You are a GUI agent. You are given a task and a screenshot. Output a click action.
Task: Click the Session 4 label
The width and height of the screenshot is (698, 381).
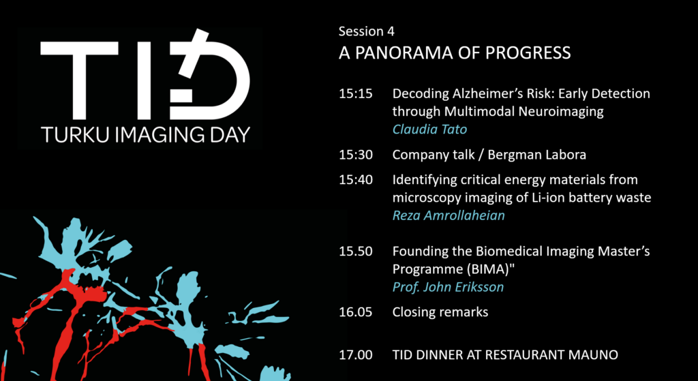(366, 31)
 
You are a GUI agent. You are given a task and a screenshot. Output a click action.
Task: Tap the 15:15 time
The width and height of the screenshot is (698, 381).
(355, 94)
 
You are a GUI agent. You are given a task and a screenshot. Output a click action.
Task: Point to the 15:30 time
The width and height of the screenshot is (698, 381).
(355, 155)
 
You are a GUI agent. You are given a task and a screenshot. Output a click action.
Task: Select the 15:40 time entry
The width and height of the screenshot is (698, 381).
(355, 180)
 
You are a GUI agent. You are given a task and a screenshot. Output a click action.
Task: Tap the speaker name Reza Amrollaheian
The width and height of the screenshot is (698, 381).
(449, 215)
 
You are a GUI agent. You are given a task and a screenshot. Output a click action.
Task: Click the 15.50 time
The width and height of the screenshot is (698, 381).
(355, 252)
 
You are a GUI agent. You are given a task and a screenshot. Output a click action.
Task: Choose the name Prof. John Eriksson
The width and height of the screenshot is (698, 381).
(448, 287)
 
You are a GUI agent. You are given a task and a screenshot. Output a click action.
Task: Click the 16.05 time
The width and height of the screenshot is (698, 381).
(355, 312)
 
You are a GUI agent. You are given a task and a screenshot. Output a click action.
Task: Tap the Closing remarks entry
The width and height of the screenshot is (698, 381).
(440, 312)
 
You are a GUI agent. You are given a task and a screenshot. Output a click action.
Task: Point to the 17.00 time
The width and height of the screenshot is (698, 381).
(355, 354)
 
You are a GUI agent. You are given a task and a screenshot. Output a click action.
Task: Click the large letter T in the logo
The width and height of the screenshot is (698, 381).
(79, 80)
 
